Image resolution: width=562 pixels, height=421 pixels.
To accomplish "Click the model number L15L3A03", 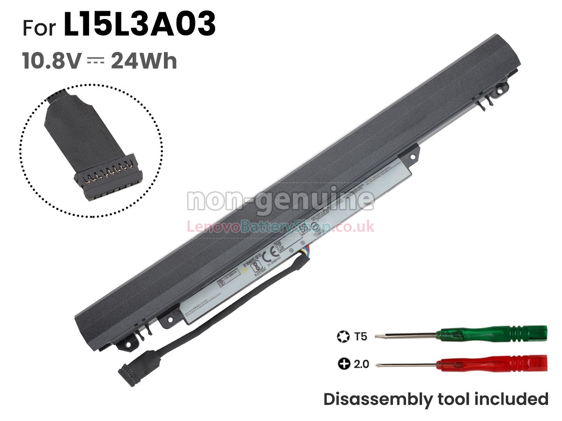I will pyautogui.click(x=140, y=25).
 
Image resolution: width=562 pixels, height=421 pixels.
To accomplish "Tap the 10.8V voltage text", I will pyautogui.click(x=52, y=61).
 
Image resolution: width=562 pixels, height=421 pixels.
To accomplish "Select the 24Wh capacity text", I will pyautogui.click(x=144, y=61).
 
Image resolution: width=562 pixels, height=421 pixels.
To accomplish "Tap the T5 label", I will pyautogui.click(x=361, y=336).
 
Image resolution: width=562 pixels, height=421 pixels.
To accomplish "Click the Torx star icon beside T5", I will pyautogui.click(x=342, y=336).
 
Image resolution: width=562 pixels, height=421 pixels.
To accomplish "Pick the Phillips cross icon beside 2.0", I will pyautogui.click(x=344, y=363).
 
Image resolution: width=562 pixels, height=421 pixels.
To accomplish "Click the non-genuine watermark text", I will pyautogui.click(x=281, y=201).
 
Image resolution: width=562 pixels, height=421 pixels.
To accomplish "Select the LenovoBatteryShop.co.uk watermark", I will pyautogui.click(x=281, y=227).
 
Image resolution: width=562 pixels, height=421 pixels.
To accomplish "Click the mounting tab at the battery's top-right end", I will pyautogui.click(x=500, y=87).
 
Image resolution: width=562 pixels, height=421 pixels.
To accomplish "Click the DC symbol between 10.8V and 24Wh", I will pyautogui.click(x=96, y=61).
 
